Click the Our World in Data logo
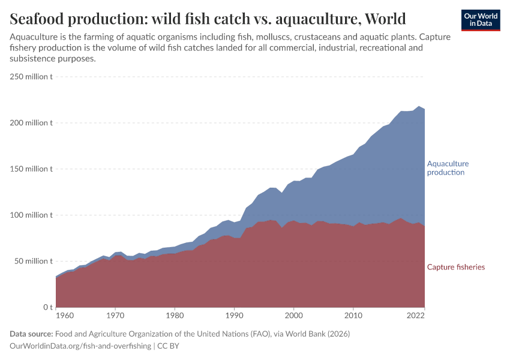point(480,20)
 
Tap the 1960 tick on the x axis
point(65,316)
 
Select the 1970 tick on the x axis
point(115,316)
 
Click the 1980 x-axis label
point(174,316)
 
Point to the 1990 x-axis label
point(233,316)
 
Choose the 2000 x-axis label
point(293,316)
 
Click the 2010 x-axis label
point(353,316)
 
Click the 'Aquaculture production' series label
point(448,168)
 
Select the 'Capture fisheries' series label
point(455,267)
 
